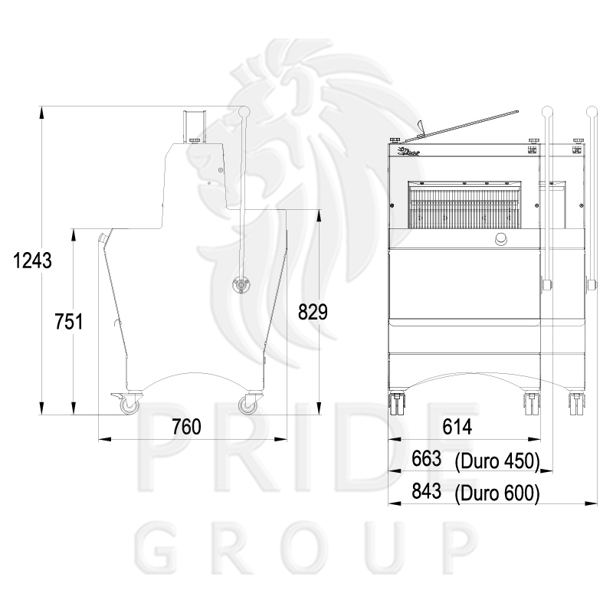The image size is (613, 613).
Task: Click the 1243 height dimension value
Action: (x=32, y=261)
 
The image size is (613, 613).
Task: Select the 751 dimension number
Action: (x=69, y=322)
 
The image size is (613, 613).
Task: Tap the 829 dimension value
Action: (x=313, y=312)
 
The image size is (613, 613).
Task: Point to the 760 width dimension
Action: (x=187, y=427)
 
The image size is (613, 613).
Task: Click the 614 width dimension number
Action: (x=457, y=427)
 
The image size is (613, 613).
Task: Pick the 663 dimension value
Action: (x=427, y=458)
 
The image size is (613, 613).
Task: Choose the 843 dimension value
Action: (x=427, y=491)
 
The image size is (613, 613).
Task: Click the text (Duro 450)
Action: (x=497, y=461)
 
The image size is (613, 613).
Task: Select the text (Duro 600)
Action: (x=497, y=493)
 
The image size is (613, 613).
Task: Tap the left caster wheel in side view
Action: (x=129, y=405)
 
